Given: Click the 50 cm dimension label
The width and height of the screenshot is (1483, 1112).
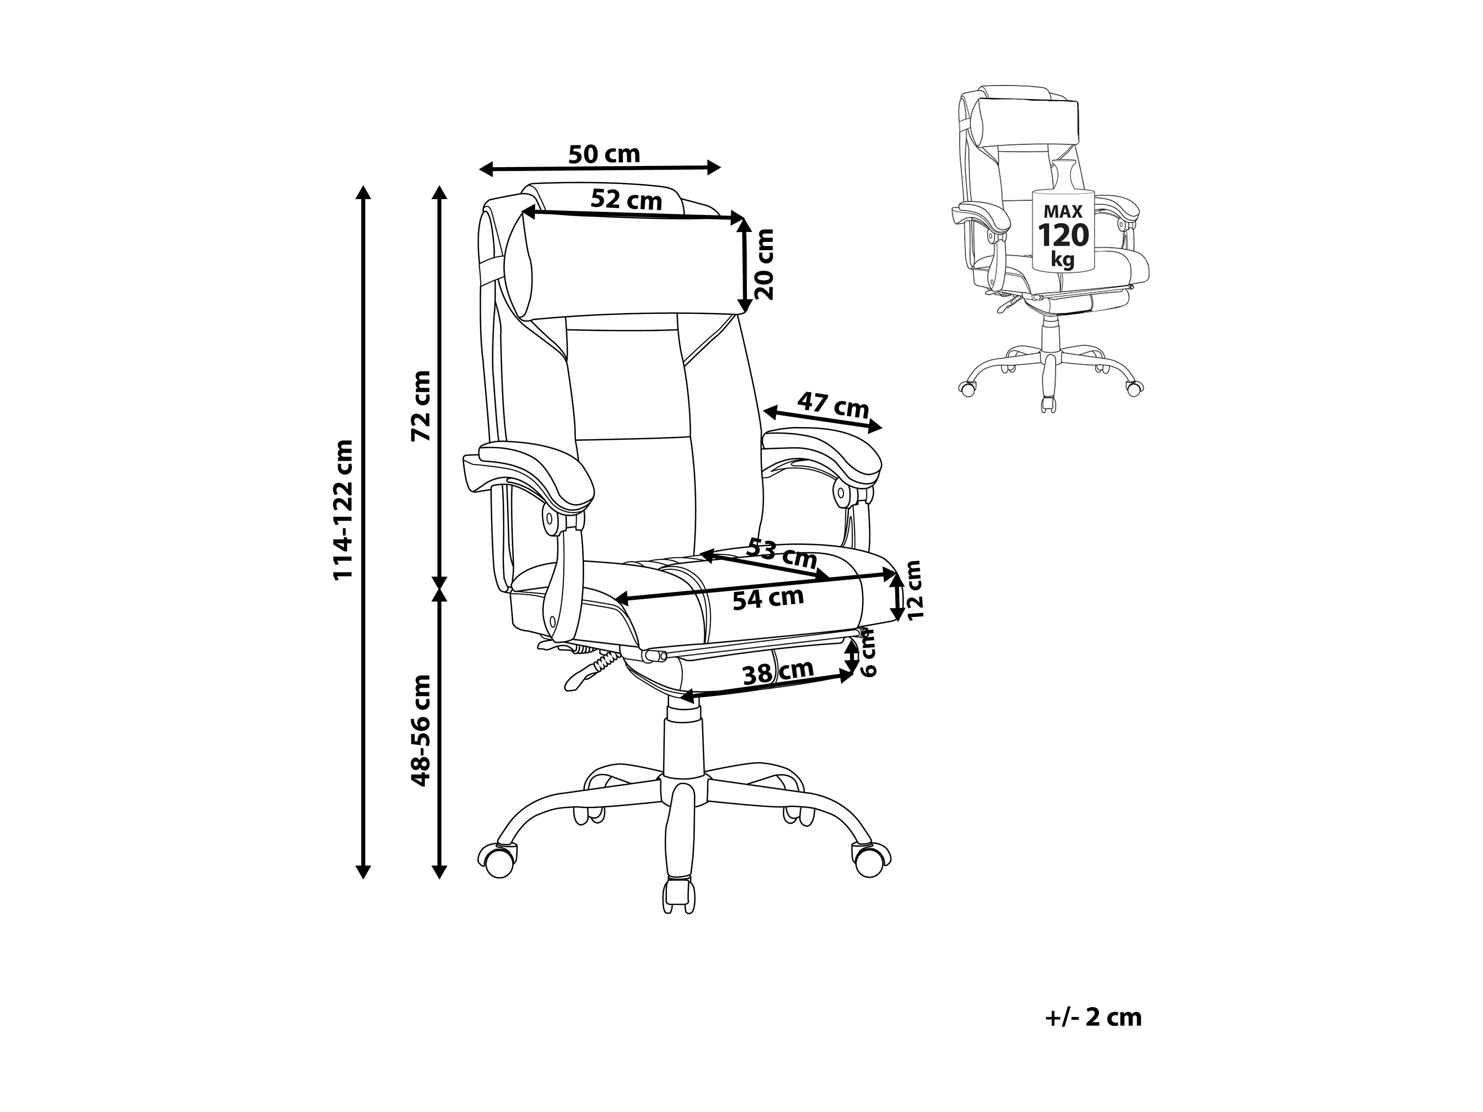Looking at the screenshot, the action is point(604,154).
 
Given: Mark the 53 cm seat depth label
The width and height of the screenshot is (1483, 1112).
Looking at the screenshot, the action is point(782,553).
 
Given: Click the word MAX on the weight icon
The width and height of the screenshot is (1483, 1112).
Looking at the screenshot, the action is point(1063,211).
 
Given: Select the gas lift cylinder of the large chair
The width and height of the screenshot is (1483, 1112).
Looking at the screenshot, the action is point(683,744).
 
